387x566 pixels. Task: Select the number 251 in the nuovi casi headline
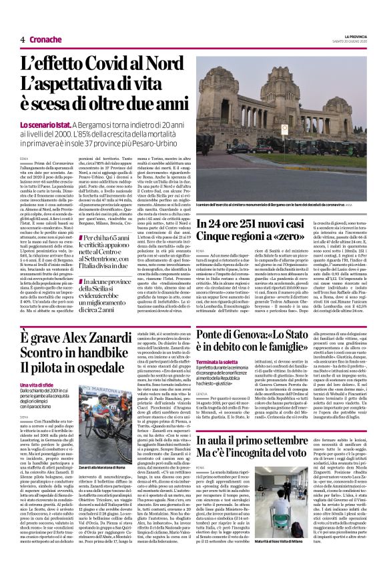(x=253, y=226)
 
